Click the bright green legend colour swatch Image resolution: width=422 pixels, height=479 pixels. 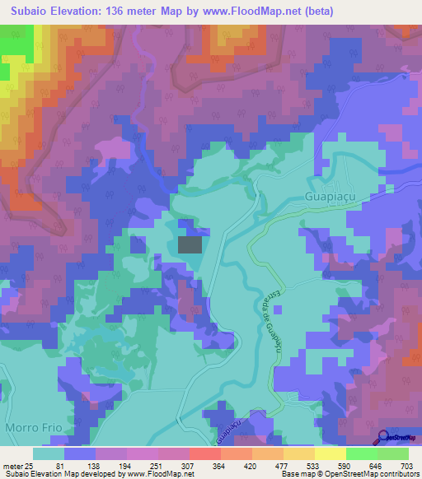(x=362, y=453)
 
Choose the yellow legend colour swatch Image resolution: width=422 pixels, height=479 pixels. (x=331, y=453)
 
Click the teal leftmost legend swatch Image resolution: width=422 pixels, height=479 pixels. (x=49, y=453)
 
